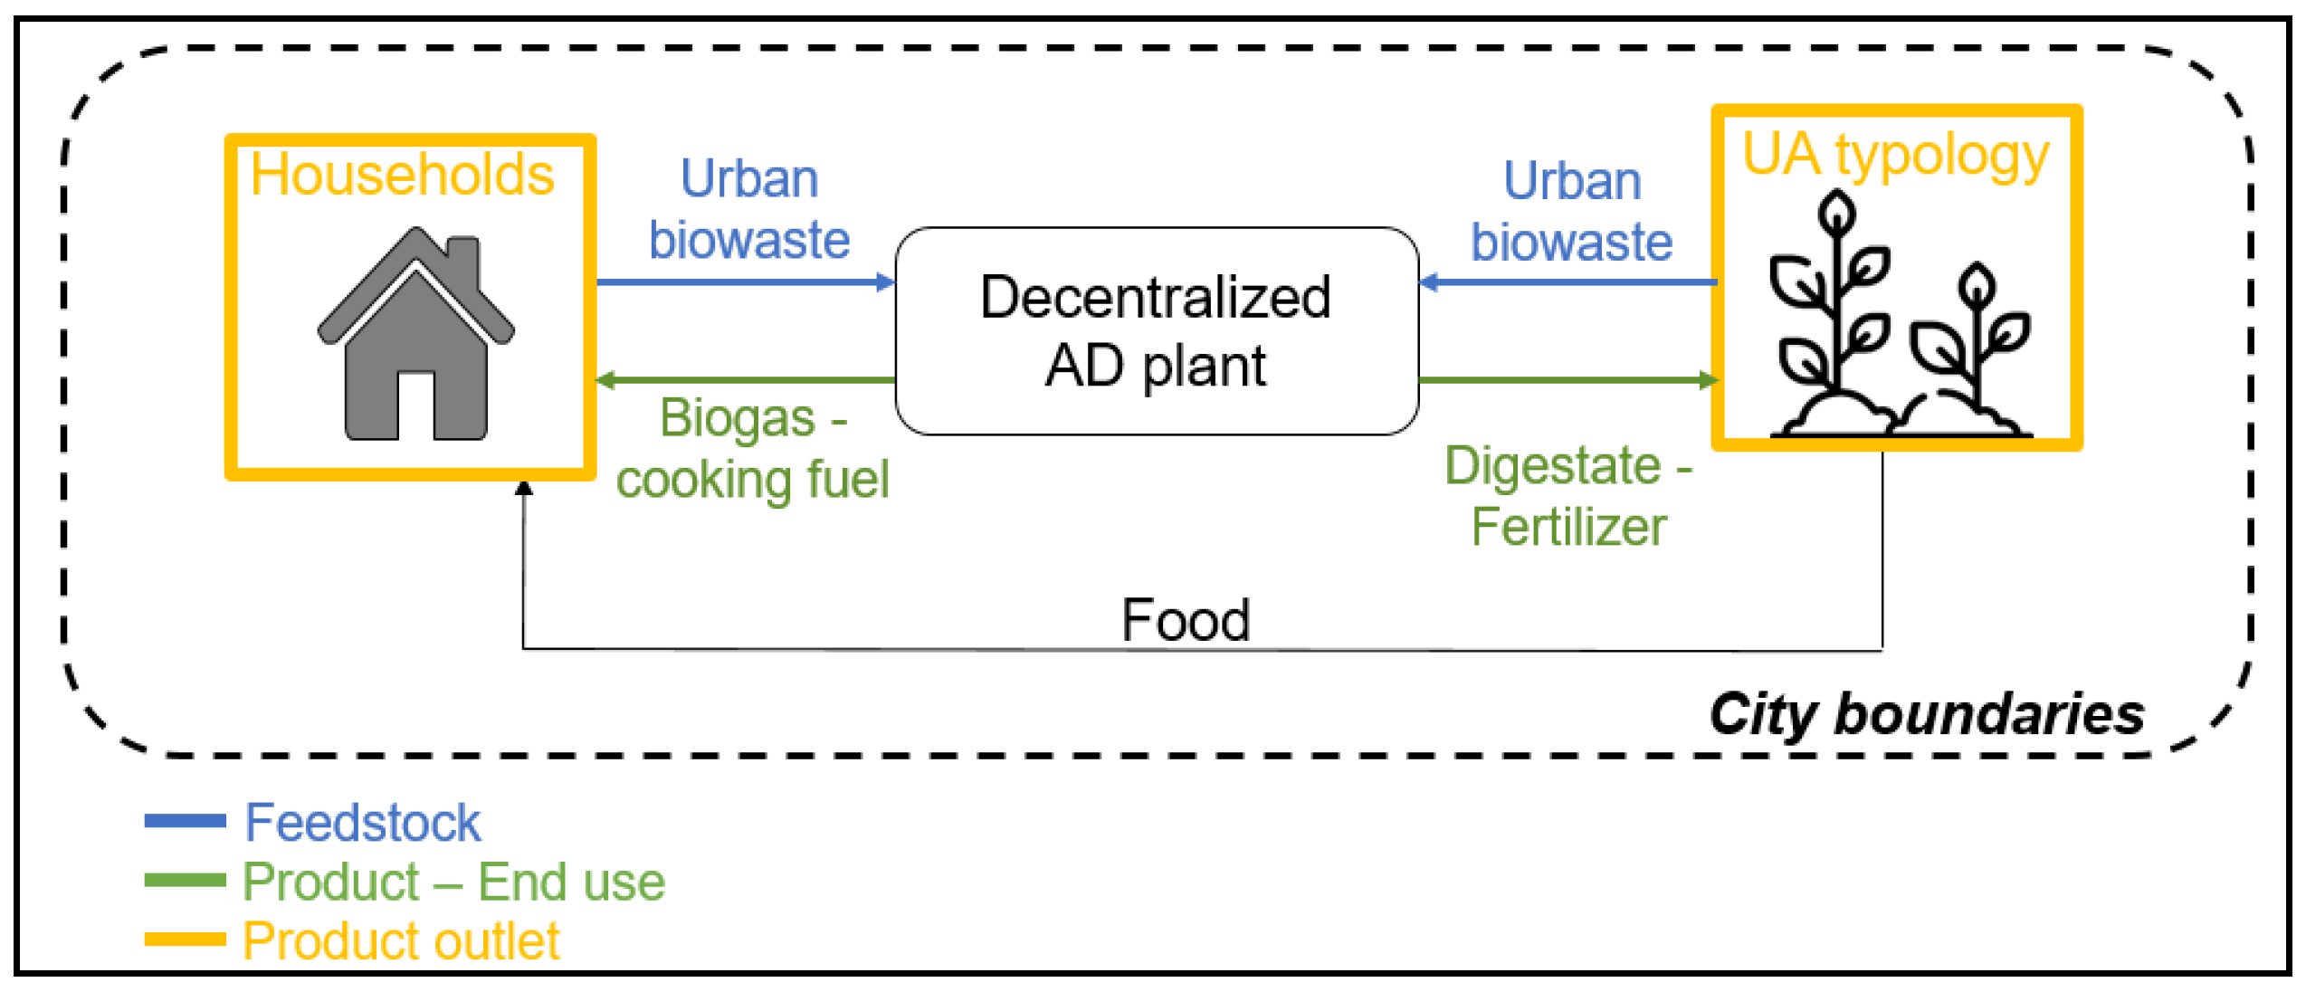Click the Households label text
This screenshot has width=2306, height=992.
tap(402, 174)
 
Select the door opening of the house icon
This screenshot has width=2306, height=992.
tap(415, 405)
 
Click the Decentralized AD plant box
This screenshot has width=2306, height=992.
tap(1156, 331)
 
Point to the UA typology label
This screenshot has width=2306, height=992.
tap(1895, 156)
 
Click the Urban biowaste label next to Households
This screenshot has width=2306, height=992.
tap(749, 209)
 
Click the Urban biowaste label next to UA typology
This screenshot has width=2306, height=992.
tap(1571, 211)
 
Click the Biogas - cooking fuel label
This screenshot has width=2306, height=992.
tap(753, 449)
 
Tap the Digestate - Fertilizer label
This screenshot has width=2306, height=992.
tap(1568, 496)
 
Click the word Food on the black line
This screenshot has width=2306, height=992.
tap(1186, 621)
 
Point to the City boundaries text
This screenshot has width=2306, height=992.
tap(1926, 715)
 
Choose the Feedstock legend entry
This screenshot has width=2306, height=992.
tap(362, 823)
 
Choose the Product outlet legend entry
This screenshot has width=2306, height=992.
tap(400, 941)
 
